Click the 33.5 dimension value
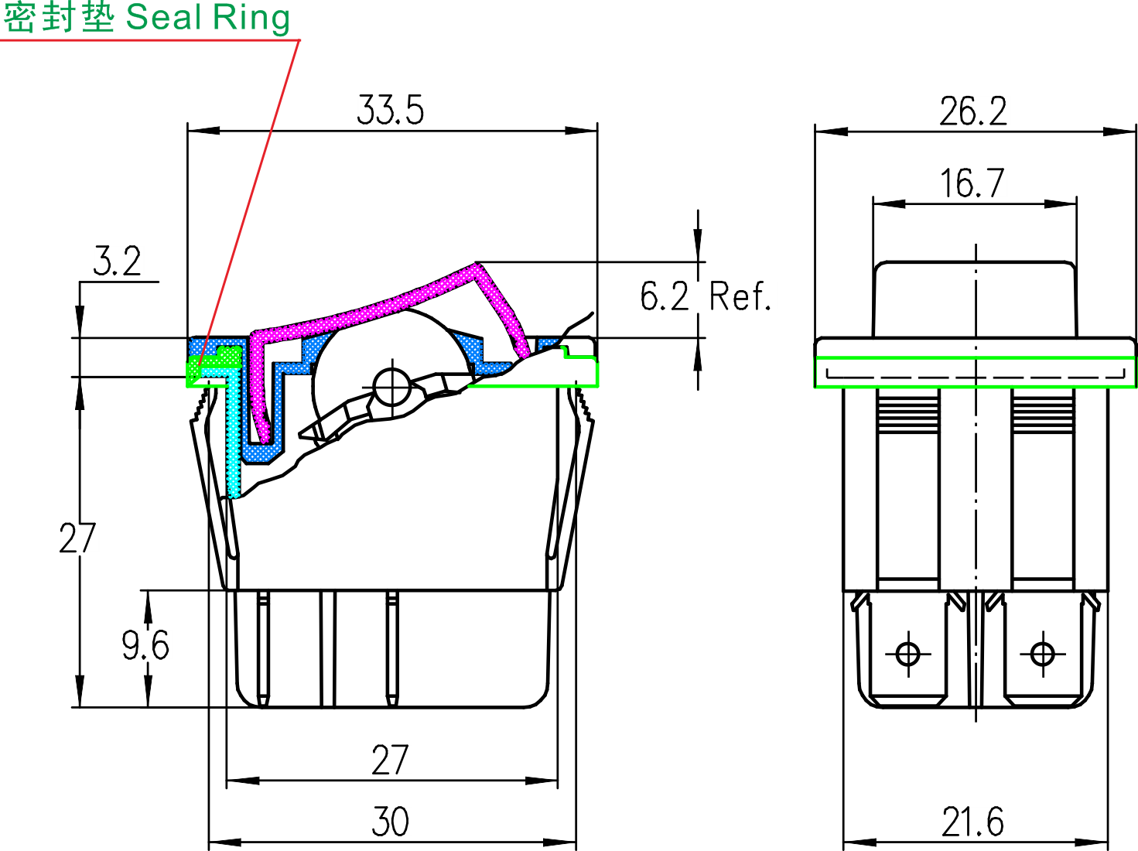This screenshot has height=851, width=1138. coord(390,111)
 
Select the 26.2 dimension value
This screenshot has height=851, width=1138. coord(973,112)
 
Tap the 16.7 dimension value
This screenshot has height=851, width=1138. coord(972,184)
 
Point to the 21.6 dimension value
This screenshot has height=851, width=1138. coord(972,822)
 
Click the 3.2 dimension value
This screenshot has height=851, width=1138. coord(118,261)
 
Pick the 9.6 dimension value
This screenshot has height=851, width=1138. coord(145,645)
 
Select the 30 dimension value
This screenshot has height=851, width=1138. coord(390,822)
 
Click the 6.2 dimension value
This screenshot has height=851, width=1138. coord(664,296)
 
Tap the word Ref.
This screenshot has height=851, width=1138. coord(740,296)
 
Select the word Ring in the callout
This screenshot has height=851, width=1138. coord(250,17)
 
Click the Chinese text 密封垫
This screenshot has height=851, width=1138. coord(60,17)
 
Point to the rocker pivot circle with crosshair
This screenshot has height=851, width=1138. coord(392,384)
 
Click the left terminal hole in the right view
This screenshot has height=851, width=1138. coord(907,654)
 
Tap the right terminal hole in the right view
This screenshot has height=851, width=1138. coord(1042,654)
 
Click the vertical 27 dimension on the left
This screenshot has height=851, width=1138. coord(77,538)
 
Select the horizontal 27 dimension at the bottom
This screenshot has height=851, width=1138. coord(390,760)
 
